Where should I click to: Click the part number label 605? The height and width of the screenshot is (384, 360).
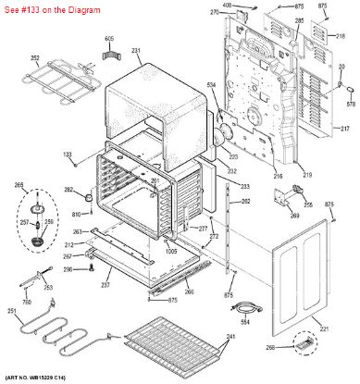108,39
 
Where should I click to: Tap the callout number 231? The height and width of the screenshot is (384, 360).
135,50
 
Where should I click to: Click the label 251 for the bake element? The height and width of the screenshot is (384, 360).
12,311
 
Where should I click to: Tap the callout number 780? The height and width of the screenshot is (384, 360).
27,302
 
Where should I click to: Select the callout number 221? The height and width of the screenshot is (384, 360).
323,329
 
